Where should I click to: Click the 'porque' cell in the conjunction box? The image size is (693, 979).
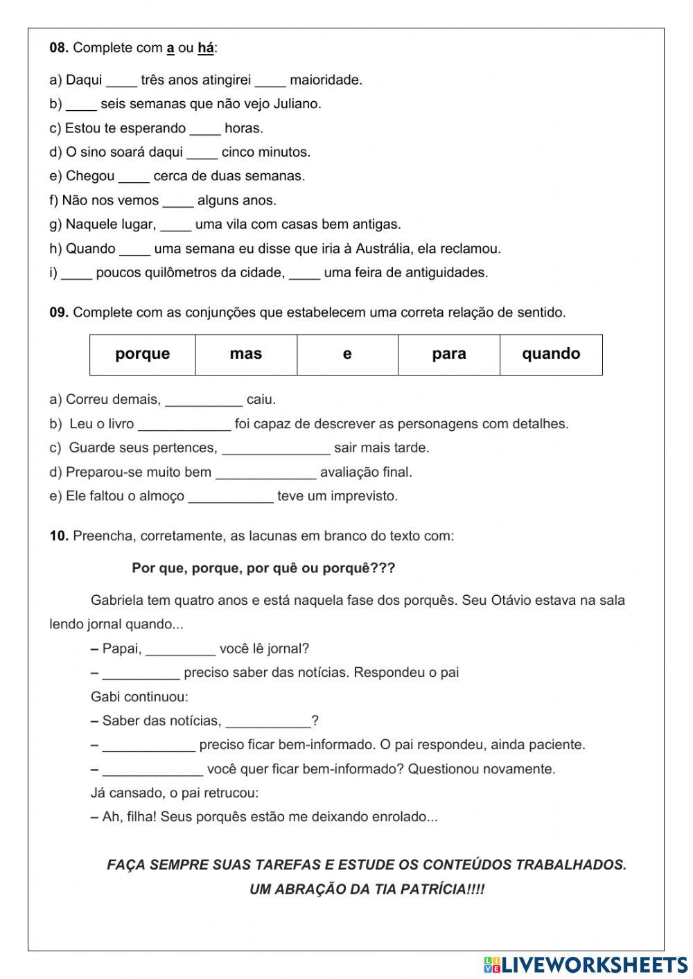pos(143,354)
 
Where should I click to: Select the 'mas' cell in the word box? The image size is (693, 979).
pos(246,354)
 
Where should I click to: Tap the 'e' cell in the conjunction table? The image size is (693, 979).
pos(347,354)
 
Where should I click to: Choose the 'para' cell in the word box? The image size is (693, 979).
pos(449,354)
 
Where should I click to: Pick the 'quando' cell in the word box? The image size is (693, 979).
pos(551,354)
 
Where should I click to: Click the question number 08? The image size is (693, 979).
pos(59,48)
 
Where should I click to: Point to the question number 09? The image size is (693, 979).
pos(59,312)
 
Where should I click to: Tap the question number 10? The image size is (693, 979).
pos(59,536)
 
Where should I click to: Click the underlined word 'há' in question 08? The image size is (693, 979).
pos(206,48)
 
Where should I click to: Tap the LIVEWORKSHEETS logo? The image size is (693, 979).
pos(586,964)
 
